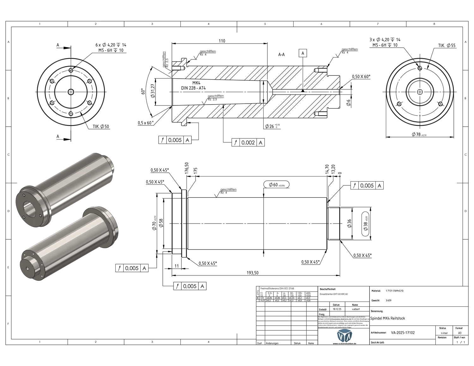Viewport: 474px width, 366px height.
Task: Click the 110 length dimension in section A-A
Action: tap(222, 41)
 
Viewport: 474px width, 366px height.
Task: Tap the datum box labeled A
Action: tap(303, 53)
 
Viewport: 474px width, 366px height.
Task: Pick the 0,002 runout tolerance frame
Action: tap(248, 142)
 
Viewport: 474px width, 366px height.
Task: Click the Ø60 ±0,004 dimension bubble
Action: tap(276, 185)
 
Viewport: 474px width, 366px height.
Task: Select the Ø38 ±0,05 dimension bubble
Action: tap(366, 224)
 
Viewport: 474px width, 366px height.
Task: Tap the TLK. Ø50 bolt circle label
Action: tap(101, 127)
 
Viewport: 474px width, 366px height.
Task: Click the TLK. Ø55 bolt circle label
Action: tap(447, 45)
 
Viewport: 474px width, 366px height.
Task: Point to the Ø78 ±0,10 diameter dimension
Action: tap(419, 135)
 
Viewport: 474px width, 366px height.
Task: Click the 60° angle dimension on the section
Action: tap(143, 92)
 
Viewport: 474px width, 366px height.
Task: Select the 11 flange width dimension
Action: tap(177, 266)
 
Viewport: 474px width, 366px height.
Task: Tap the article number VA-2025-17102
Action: tap(403, 333)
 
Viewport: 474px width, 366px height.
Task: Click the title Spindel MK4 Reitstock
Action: tap(387, 318)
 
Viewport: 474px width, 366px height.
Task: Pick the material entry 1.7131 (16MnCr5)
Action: tap(395, 291)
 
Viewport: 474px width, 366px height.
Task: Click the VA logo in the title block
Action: tap(344, 335)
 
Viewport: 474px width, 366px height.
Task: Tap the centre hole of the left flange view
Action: tap(71, 92)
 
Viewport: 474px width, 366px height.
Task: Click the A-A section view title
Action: tap(281, 55)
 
